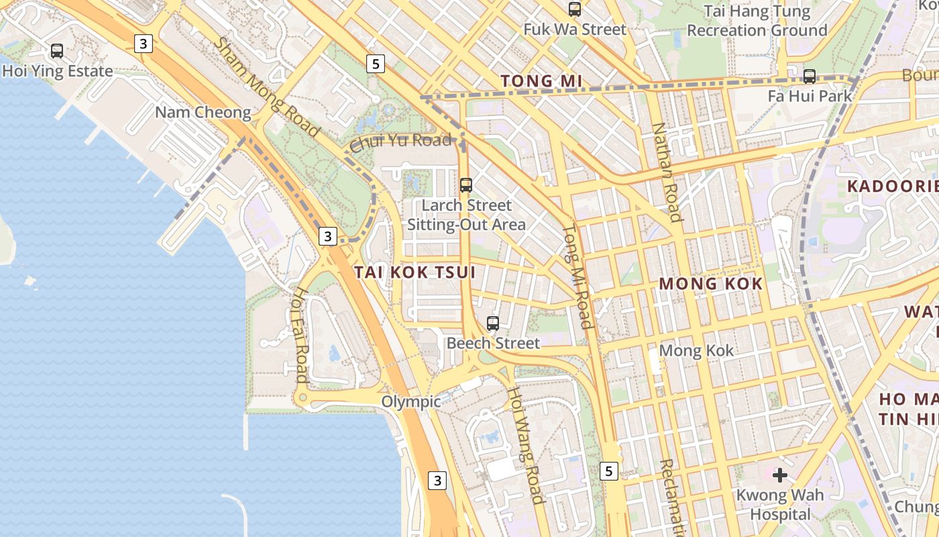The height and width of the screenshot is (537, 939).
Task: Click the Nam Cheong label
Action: click(x=203, y=112)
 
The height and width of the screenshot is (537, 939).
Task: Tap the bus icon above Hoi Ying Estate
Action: click(x=57, y=50)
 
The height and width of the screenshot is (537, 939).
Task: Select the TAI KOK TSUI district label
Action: click(x=415, y=272)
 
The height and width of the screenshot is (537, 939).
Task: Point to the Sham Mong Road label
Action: click(x=266, y=87)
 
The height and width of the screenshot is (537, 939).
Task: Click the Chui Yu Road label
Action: click(x=400, y=142)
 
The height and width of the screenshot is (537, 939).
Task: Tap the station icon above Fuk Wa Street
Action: click(x=575, y=9)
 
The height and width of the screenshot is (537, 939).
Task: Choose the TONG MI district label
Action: click(x=541, y=81)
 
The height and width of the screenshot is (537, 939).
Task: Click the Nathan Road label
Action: click(x=667, y=172)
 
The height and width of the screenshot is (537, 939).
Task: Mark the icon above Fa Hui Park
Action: click(x=810, y=76)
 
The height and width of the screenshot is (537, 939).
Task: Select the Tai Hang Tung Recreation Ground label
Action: click(x=757, y=21)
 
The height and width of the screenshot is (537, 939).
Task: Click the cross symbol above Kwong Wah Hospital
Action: click(x=779, y=475)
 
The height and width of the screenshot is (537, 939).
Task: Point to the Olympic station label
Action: click(x=410, y=401)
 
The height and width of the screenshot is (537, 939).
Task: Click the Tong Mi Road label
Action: click(x=577, y=276)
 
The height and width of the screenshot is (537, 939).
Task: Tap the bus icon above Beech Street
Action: click(x=493, y=323)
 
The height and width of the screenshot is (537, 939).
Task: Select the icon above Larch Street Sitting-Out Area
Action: click(x=466, y=185)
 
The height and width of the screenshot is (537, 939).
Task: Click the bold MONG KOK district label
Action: click(x=710, y=283)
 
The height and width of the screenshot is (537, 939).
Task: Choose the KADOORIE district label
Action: click(x=892, y=186)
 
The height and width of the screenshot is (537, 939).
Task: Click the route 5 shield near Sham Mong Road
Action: click(x=376, y=64)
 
